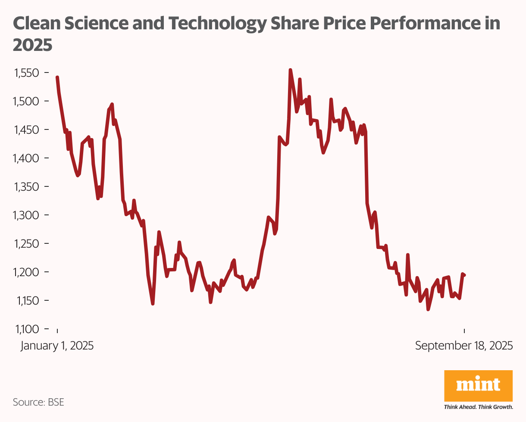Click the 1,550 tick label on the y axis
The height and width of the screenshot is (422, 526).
coord(27,73)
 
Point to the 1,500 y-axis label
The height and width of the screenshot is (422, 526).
coord(27,101)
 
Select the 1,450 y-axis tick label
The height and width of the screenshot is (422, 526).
coord(27,130)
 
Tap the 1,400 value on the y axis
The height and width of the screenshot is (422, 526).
coord(27,158)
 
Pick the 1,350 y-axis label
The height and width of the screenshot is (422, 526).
coord(27,187)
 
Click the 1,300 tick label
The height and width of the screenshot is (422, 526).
coord(27,215)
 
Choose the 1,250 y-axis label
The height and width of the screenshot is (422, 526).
coord(27,244)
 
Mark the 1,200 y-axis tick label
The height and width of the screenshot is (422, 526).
coord(27,272)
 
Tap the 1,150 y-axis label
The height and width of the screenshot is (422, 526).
coord(27,301)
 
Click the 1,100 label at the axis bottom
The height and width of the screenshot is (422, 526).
coord(27,329)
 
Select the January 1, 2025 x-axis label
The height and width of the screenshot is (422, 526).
coord(57,346)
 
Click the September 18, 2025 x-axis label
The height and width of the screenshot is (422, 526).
coord(464,346)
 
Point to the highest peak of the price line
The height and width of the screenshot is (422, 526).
coord(290,70)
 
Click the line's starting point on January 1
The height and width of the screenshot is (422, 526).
coord(57,78)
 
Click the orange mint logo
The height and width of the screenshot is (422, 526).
coord(478,385)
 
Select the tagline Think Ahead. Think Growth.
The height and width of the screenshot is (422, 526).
coord(478,406)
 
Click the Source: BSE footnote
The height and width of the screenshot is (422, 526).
coord(38,402)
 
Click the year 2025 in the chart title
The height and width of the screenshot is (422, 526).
coord(33,44)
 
